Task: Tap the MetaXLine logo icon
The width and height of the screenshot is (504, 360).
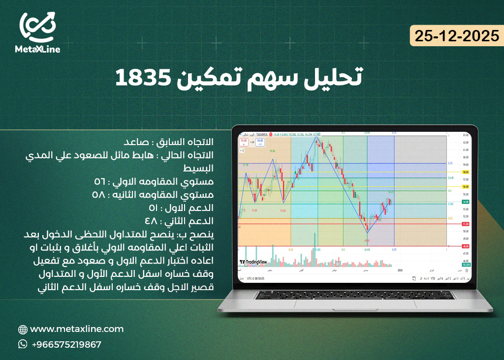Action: click(37, 28)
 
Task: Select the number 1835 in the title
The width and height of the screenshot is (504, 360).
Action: click(143, 77)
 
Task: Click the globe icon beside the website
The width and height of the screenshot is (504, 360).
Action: click(23, 330)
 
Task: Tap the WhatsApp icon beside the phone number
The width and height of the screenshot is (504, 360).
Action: click(23, 344)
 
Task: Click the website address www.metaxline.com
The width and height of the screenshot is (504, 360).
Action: click(77, 329)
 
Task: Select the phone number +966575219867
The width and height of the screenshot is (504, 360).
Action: click(66, 344)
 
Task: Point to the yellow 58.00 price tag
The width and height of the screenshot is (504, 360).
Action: click(465, 172)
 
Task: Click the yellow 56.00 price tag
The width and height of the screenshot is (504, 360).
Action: click(465, 187)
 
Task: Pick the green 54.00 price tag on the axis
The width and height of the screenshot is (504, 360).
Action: click(465, 202)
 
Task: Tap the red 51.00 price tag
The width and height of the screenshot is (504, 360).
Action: click(465, 224)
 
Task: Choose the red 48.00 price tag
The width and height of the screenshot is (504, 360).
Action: click(465, 246)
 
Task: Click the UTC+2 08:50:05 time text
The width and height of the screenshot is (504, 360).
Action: click(255, 278)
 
